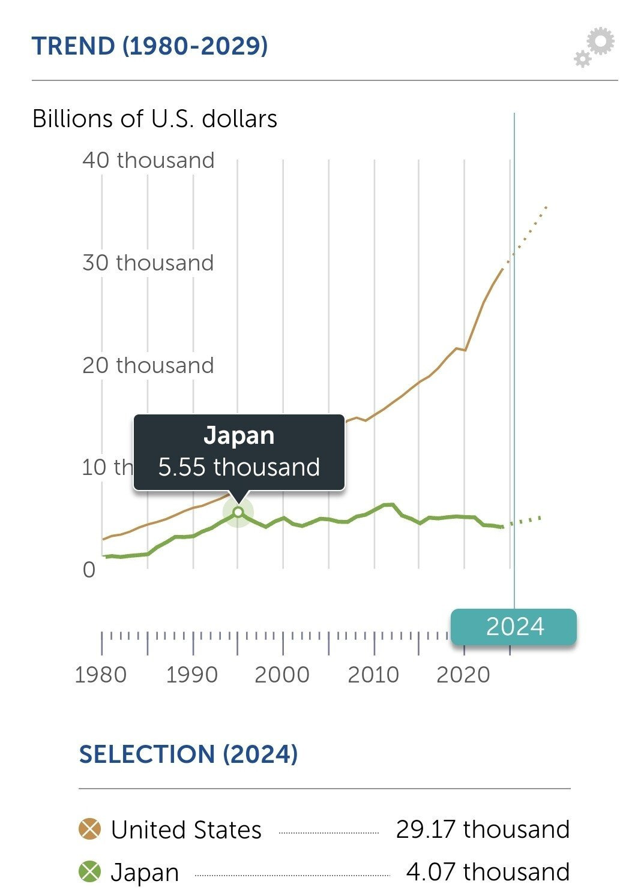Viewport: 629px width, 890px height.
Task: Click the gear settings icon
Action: (x=595, y=47)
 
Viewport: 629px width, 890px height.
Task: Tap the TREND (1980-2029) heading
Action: (x=149, y=46)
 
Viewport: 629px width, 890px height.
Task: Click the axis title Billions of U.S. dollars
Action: (x=155, y=119)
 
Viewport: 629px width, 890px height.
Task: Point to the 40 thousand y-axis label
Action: (x=148, y=160)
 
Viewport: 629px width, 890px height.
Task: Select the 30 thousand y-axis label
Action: (x=148, y=263)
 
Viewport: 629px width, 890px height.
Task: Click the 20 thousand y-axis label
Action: (x=148, y=365)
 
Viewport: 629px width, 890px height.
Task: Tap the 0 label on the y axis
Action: (x=89, y=570)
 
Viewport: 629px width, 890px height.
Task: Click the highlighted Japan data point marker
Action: (x=238, y=512)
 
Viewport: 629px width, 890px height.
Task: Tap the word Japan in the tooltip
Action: (x=239, y=435)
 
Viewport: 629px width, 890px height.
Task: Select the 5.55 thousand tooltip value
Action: (x=239, y=467)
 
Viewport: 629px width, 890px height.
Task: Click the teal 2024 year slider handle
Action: (x=514, y=627)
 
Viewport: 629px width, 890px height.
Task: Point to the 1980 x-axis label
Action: (x=101, y=675)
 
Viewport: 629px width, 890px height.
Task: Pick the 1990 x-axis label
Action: (x=192, y=675)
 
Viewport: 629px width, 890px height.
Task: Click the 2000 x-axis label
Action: (x=282, y=675)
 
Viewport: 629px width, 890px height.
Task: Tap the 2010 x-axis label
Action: (x=373, y=675)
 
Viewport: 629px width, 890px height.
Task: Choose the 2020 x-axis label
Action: (x=463, y=675)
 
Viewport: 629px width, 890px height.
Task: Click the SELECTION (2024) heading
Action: (x=188, y=754)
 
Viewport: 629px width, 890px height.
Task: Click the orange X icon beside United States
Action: (x=90, y=830)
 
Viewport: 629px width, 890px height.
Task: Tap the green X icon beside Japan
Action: (x=90, y=871)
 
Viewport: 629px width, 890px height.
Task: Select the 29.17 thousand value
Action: (x=483, y=829)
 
